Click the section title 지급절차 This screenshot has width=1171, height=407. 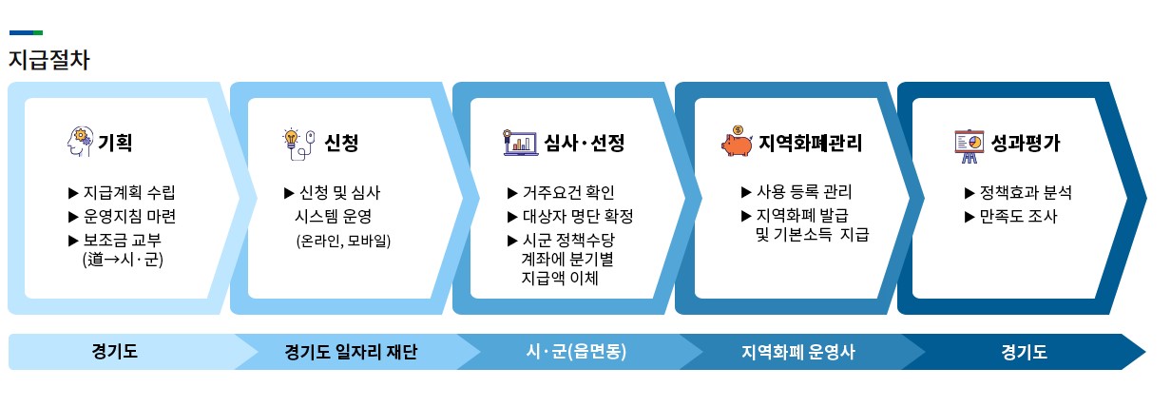click(49, 59)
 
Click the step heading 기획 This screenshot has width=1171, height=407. click(115, 144)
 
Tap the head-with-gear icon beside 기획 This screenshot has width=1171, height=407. click(79, 143)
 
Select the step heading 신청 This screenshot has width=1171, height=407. click(340, 144)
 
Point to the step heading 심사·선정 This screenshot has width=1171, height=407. click(585, 144)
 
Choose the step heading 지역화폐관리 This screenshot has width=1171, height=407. click(811, 144)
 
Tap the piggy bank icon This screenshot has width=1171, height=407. click(738, 142)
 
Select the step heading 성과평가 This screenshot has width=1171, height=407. click(1026, 144)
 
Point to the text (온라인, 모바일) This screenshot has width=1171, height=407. click(343, 240)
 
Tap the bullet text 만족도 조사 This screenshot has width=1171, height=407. click(1018, 216)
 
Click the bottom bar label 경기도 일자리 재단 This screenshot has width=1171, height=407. click(351, 352)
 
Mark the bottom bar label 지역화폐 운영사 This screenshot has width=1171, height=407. click(798, 352)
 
